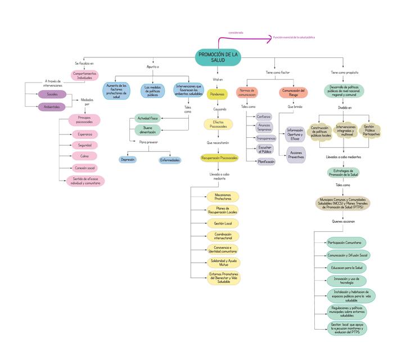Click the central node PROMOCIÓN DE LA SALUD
coord(218,57)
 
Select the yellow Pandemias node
coord(217,94)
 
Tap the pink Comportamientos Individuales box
coord(84,75)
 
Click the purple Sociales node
coord(52,94)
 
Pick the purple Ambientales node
coord(52,107)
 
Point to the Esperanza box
coord(84,134)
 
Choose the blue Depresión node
coord(128,160)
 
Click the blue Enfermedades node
coord(170,160)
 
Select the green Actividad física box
coord(147,118)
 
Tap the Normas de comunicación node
coord(247,92)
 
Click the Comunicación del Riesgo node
coord(293,92)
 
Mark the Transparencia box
coord(266,138)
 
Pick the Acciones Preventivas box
coord(296,155)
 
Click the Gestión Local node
coord(223,223)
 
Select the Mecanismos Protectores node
coord(223,197)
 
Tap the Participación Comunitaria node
coord(345,242)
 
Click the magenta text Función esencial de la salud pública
coord(294,38)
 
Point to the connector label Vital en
coord(218,80)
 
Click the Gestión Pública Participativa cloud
coord(372,130)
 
